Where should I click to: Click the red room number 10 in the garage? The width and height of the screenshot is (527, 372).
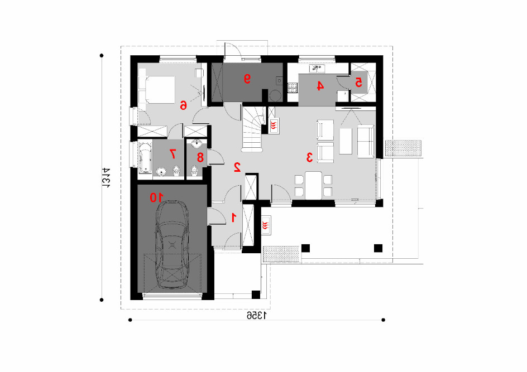point(157,197)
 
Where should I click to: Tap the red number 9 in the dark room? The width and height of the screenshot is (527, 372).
point(247,79)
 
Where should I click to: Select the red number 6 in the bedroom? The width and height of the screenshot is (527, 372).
point(183,105)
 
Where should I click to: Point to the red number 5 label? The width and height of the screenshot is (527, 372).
point(358,81)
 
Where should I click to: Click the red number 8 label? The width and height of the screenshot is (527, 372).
point(200,157)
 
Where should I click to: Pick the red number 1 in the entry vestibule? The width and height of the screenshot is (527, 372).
point(233,217)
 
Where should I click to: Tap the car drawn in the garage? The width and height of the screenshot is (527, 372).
point(172,244)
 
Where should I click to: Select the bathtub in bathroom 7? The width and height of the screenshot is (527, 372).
point(145,158)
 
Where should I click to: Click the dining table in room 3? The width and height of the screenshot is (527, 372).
point(313,185)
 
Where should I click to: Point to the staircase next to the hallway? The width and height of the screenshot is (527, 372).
point(252,129)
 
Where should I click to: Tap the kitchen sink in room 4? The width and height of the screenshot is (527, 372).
point(317,69)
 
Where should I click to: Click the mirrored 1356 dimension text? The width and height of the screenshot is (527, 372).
point(257,315)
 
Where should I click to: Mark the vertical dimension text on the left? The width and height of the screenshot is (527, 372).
point(106,177)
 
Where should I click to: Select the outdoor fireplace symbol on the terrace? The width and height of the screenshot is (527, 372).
point(266,225)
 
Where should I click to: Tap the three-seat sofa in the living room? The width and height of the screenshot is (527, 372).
point(366,141)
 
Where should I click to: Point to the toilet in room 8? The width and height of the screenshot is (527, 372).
point(195,171)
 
